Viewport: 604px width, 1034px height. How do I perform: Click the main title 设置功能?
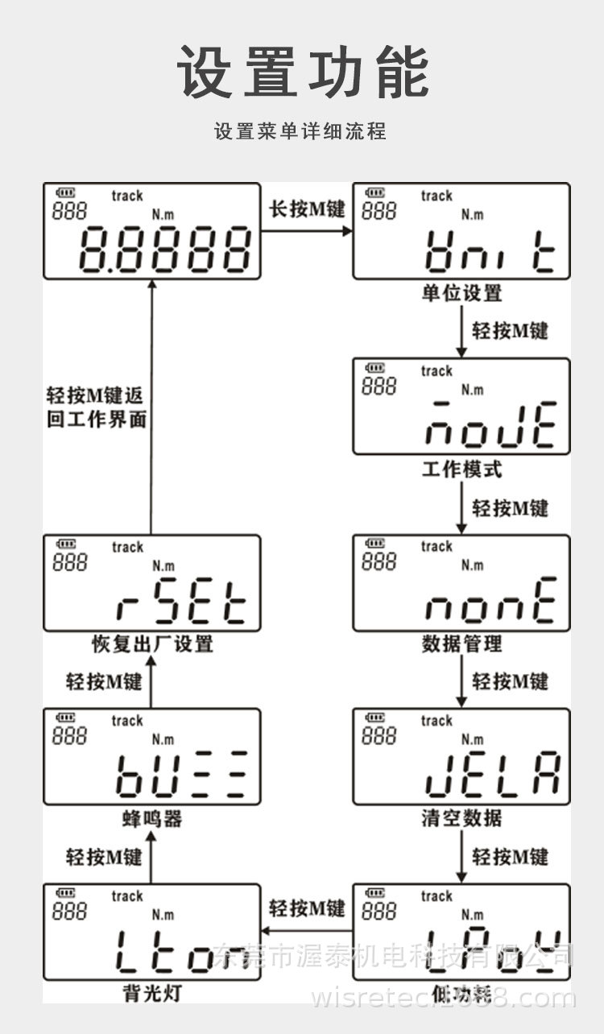302,72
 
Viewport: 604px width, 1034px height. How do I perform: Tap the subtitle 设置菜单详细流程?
300,131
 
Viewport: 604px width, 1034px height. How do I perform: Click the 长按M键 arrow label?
307,209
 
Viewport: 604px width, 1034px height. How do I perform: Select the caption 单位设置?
461,293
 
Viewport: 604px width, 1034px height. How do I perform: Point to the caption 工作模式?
461,469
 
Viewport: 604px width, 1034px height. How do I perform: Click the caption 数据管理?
461,644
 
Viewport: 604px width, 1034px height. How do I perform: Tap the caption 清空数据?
461,819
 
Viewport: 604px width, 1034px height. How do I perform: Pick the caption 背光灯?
152,994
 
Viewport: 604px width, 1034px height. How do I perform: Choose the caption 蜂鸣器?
152,819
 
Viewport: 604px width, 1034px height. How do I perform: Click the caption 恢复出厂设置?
152,644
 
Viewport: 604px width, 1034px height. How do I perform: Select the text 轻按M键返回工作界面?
96,407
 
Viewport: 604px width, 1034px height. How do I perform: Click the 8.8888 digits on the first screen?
165,249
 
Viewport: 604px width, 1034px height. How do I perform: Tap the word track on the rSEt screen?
127,548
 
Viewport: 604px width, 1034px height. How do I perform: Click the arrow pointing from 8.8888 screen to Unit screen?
307,231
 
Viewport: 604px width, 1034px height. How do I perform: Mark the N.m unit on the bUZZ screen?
163,739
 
